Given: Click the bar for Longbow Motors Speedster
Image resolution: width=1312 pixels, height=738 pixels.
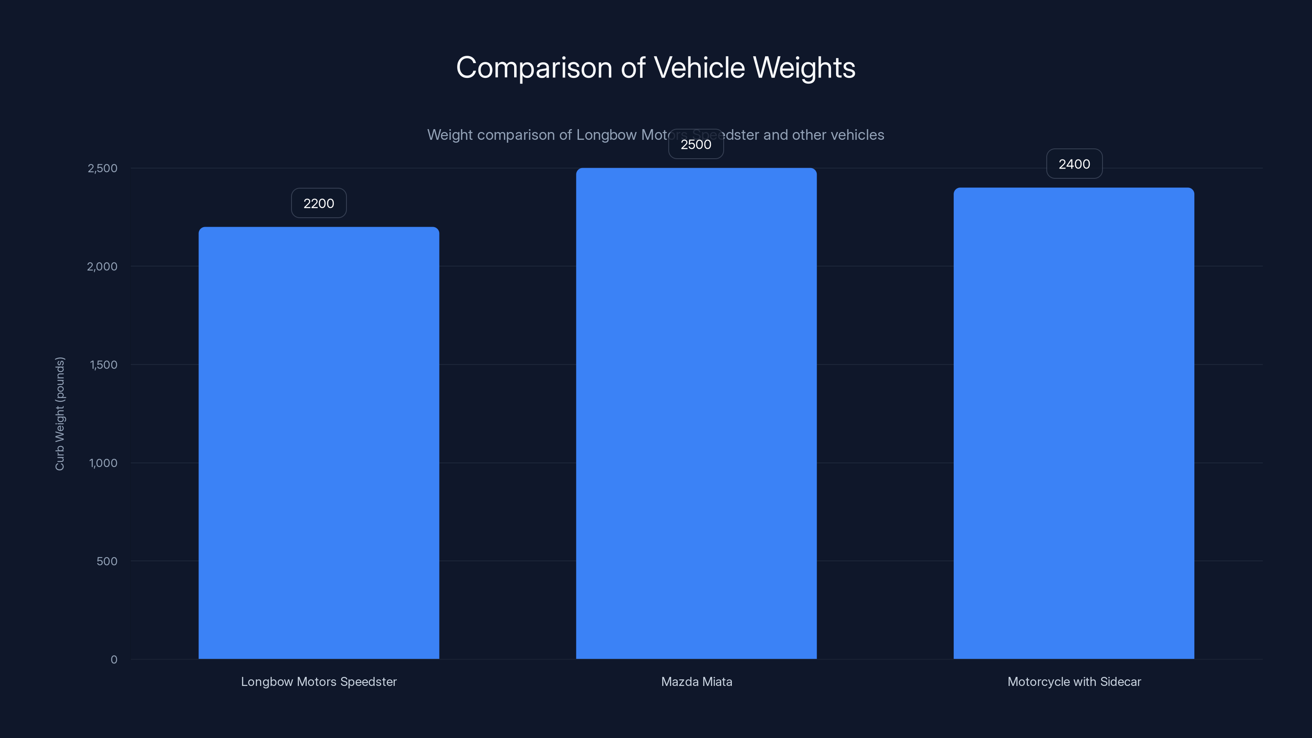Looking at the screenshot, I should [x=319, y=443].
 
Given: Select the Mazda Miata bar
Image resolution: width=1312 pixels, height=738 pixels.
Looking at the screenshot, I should [x=696, y=414].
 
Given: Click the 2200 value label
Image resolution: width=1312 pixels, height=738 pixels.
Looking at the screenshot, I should [x=319, y=203].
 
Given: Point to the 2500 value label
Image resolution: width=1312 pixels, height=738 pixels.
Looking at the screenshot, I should [x=696, y=144].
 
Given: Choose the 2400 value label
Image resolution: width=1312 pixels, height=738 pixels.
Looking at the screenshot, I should [x=1074, y=164].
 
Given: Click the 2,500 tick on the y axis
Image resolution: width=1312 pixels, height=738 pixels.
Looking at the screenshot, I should [x=102, y=169].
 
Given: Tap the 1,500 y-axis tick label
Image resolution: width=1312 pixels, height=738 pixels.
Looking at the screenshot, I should [x=103, y=364].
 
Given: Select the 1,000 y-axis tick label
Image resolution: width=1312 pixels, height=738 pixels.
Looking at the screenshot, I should [x=103, y=463].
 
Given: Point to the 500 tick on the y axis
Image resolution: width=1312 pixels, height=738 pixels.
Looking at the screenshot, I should [x=107, y=561].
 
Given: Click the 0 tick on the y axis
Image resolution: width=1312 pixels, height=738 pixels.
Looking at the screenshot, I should [x=114, y=660].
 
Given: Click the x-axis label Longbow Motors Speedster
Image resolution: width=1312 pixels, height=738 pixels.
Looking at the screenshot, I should [x=319, y=682].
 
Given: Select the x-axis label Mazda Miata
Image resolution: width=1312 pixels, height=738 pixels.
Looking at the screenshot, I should [x=696, y=682].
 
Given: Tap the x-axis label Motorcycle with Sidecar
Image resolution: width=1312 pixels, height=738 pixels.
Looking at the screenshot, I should [x=1074, y=682].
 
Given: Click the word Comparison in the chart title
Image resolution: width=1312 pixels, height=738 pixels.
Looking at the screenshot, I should [x=534, y=68].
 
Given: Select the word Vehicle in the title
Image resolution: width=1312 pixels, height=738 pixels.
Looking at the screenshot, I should [x=699, y=67].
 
